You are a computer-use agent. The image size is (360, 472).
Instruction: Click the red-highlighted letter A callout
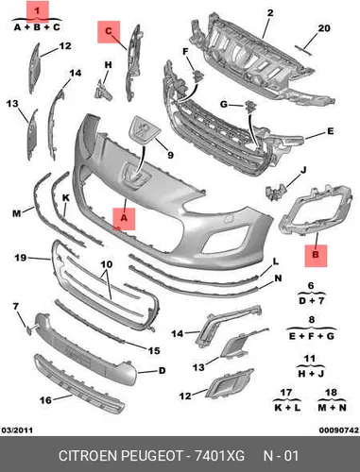tap(124, 219)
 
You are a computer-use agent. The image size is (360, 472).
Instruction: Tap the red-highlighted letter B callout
tap(316, 256)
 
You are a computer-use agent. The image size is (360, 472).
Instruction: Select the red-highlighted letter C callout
tap(109, 32)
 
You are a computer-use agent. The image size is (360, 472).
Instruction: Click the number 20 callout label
tap(324, 28)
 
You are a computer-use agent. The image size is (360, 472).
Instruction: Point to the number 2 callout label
tap(270, 13)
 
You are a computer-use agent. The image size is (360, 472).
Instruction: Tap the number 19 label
tap(21, 258)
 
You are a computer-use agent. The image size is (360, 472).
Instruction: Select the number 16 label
tap(45, 400)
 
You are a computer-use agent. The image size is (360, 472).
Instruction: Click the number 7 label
tap(16, 306)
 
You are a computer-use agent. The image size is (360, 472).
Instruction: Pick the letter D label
tap(162, 371)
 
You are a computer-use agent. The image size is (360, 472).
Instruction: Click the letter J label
tap(303, 170)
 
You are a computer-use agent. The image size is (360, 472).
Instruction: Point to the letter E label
tap(330, 131)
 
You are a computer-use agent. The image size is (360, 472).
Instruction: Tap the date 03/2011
tap(17, 430)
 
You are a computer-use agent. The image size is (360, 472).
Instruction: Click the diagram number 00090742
tap(339, 430)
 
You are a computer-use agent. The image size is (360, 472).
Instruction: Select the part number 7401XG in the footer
tap(219, 456)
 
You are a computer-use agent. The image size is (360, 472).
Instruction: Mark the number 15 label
tap(154, 350)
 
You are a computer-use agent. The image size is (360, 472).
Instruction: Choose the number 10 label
tap(107, 264)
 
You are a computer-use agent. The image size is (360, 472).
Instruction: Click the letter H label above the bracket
tap(108, 65)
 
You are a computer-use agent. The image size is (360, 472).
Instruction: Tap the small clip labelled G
tap(250, 106)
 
